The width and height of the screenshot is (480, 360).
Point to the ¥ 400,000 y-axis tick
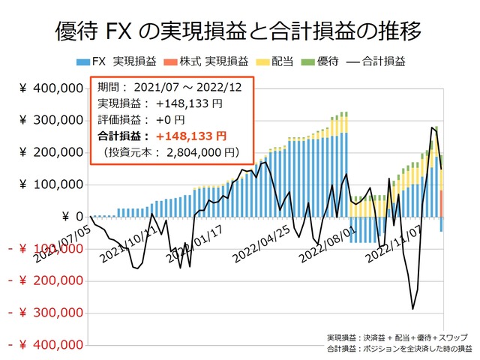tap(49, 88)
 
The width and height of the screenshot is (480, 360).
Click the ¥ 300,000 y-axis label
tap(49, 120)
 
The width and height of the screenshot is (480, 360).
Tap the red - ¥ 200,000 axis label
tap(45, 281)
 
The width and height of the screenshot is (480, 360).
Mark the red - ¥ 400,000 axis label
tap(45, 346)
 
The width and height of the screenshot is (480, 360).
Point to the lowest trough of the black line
tap(412, 308)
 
